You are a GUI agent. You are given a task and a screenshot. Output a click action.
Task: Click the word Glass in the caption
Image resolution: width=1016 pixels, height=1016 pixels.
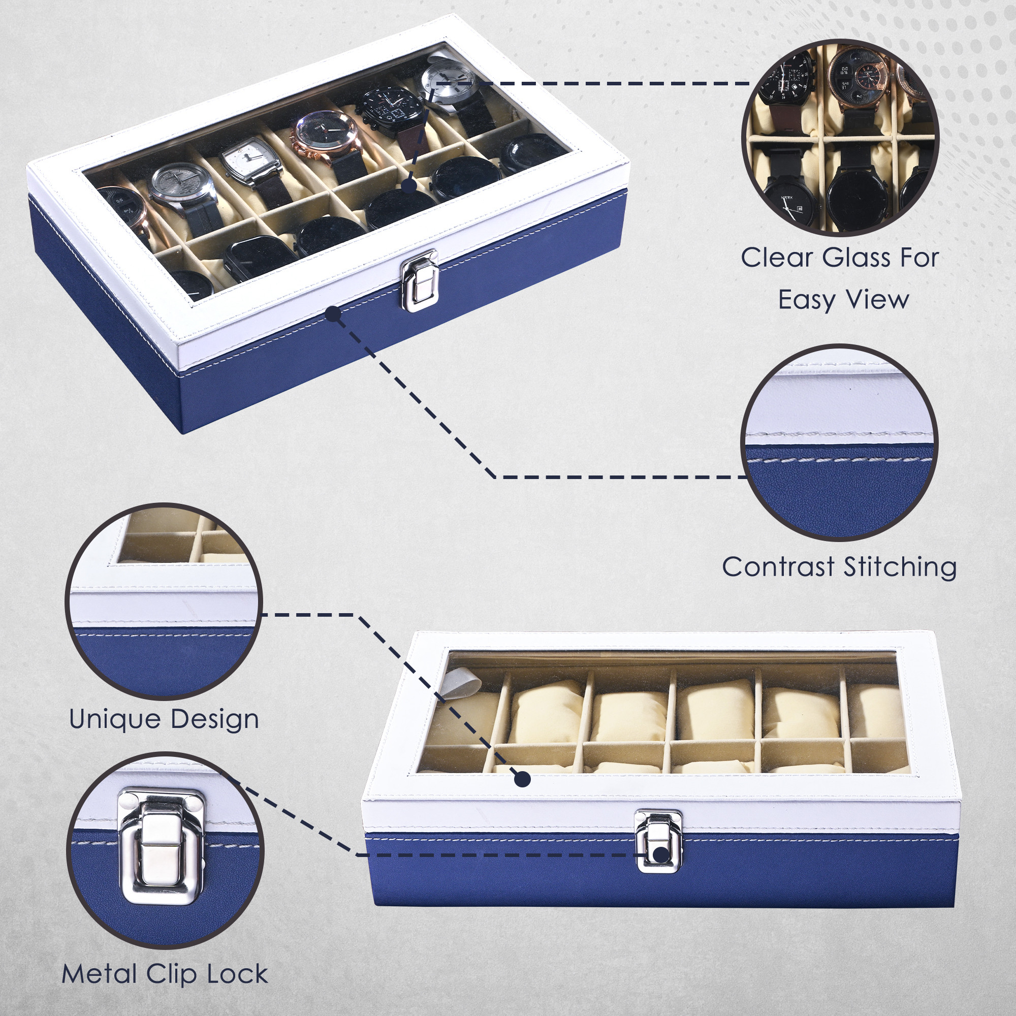853,258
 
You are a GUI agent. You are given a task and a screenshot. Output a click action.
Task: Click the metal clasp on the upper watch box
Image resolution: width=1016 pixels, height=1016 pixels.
419,280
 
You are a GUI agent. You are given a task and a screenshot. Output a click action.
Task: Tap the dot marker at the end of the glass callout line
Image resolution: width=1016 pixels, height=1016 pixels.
408,185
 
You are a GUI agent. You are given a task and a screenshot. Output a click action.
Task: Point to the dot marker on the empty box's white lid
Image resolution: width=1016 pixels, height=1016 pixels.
522,779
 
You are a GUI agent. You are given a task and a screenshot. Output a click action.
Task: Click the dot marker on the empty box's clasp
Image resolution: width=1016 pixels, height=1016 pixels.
661,854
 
